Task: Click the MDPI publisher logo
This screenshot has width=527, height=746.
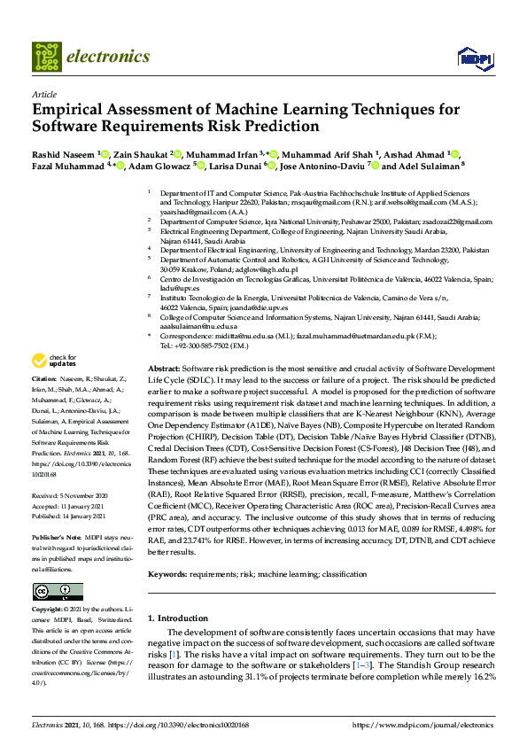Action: point(475,58)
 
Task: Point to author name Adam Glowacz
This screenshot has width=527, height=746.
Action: point(165,165)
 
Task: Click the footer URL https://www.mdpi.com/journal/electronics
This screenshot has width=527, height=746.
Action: point(422,725)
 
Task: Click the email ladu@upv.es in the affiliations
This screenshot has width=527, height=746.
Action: point(174,289)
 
